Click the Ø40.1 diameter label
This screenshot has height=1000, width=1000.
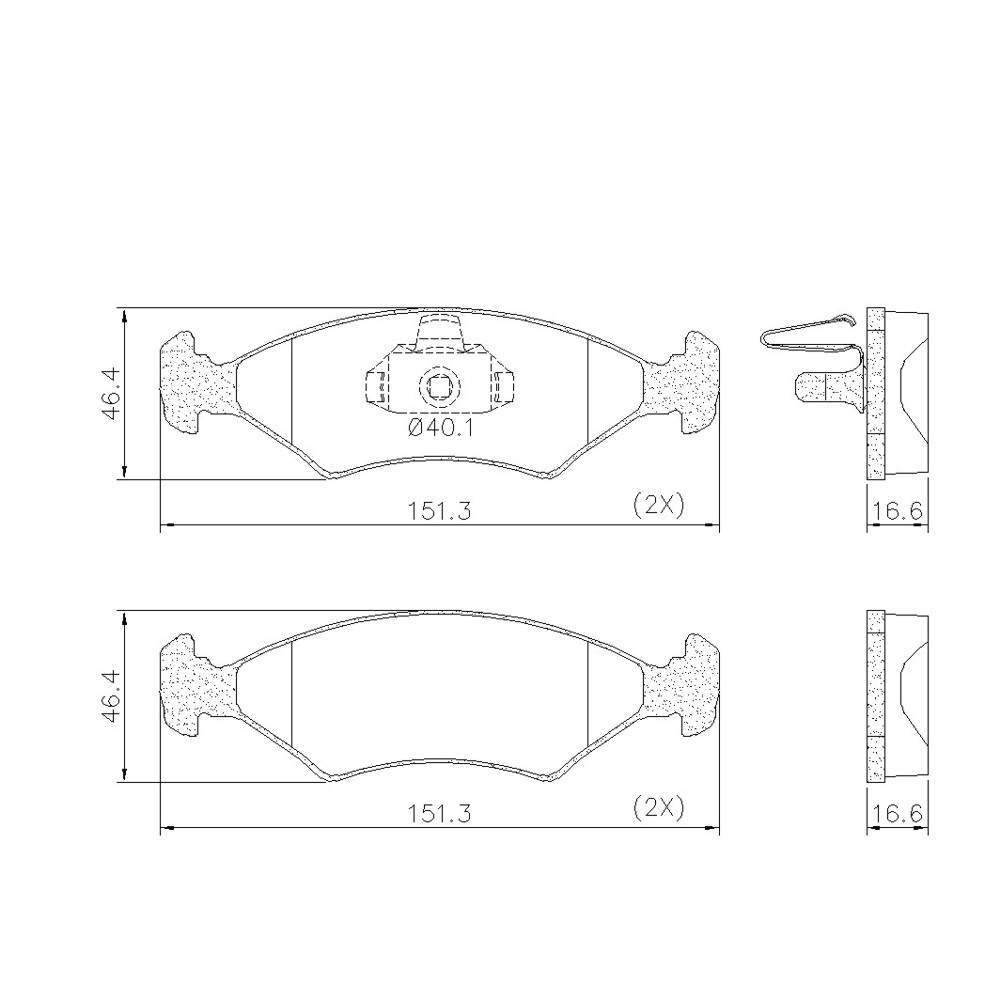point(440,429)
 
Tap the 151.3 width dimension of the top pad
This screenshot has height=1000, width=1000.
point(439,511)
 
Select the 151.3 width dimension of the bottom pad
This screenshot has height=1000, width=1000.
point(439,813)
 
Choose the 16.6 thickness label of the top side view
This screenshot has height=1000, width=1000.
point(898,511)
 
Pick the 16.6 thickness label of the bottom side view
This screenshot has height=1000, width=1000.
point(898,813)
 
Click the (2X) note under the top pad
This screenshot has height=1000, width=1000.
point(658,506)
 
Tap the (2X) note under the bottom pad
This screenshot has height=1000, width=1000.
point(658,808)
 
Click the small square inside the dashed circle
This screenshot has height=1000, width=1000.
point(439,386)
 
